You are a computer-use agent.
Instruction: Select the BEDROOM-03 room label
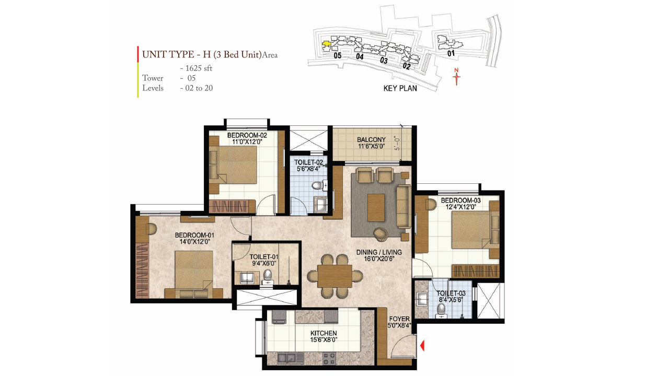460,201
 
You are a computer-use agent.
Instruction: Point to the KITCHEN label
324,333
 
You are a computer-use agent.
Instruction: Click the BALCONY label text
371,139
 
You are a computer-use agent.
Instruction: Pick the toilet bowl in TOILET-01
268,275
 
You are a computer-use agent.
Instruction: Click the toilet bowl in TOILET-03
441,310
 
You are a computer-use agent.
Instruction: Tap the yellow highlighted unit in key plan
326,44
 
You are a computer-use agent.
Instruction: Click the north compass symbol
457,77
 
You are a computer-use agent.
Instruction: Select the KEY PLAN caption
400,89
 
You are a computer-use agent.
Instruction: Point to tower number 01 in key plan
451,53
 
